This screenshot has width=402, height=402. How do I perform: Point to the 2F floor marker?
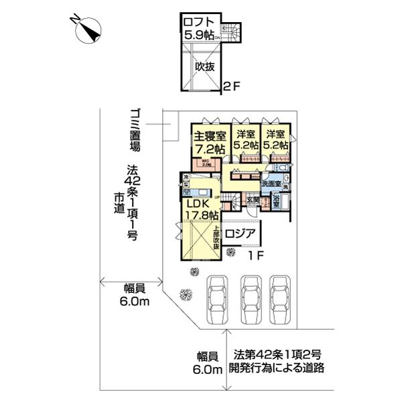pos(231,86)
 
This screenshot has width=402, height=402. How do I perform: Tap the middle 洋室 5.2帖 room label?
pos(246,139)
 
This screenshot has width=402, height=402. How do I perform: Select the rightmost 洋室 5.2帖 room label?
pos(275,139)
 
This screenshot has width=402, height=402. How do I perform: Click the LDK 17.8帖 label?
pos(202,209)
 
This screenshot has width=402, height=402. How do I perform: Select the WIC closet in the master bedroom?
pos(202,163)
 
